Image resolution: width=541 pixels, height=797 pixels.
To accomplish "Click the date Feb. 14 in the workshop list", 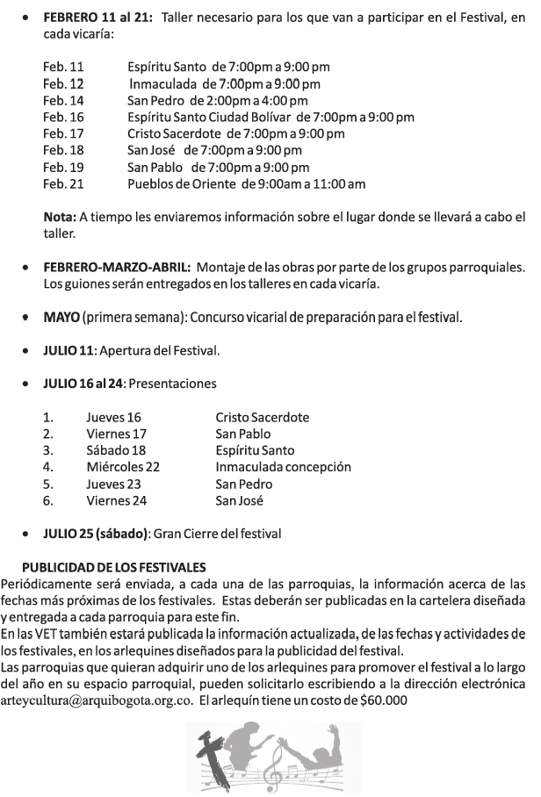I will pyautogui.click(x=63, y=100).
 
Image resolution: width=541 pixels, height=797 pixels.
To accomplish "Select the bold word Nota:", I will pyautogui.click(x=60, y=217).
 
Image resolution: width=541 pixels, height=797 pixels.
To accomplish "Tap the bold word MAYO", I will pyautogui.click(x=61, y=317).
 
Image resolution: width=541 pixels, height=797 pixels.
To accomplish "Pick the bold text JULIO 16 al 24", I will pyautogui.click(x=84, y=384).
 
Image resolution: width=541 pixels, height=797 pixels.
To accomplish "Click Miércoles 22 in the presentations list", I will pyautogui.click(x=123, y=468).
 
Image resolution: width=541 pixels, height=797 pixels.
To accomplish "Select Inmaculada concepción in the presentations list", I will pyautogui.click(x=283, y=468).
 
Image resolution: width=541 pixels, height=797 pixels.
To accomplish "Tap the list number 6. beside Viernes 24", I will pyautogui.click(x=48, y=501).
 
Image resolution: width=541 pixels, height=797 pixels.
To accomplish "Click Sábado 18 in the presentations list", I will pyautogui.click(x=116, y=451).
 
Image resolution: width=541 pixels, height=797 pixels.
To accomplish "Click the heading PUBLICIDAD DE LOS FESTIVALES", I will pyautogui.click(x=114, y=567).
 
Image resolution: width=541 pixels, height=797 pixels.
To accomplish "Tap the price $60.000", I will pyautogui.click(x=383, y=701).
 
